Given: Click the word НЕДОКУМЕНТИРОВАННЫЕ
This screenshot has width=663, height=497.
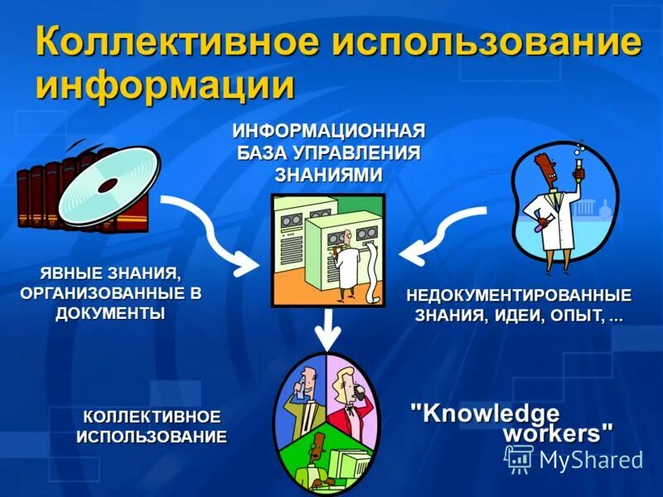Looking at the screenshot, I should pos(518,296).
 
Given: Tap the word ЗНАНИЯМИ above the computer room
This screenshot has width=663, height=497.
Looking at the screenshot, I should pos(328,174).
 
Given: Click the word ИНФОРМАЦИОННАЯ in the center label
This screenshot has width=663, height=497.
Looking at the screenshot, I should pos(328,132).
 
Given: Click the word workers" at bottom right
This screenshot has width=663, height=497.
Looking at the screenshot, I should pos(559,433).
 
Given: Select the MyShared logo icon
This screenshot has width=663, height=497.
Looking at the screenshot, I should pos(519,458).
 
